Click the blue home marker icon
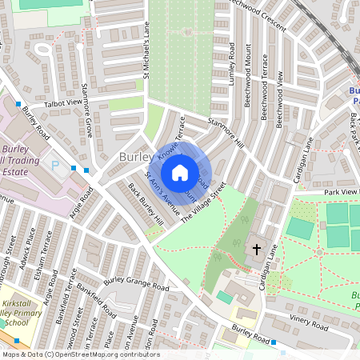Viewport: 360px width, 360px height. [180, 172]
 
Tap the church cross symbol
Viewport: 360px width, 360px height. [257, 250]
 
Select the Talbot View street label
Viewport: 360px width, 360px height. [64, 102]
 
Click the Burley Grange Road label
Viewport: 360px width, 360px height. [136, 284]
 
